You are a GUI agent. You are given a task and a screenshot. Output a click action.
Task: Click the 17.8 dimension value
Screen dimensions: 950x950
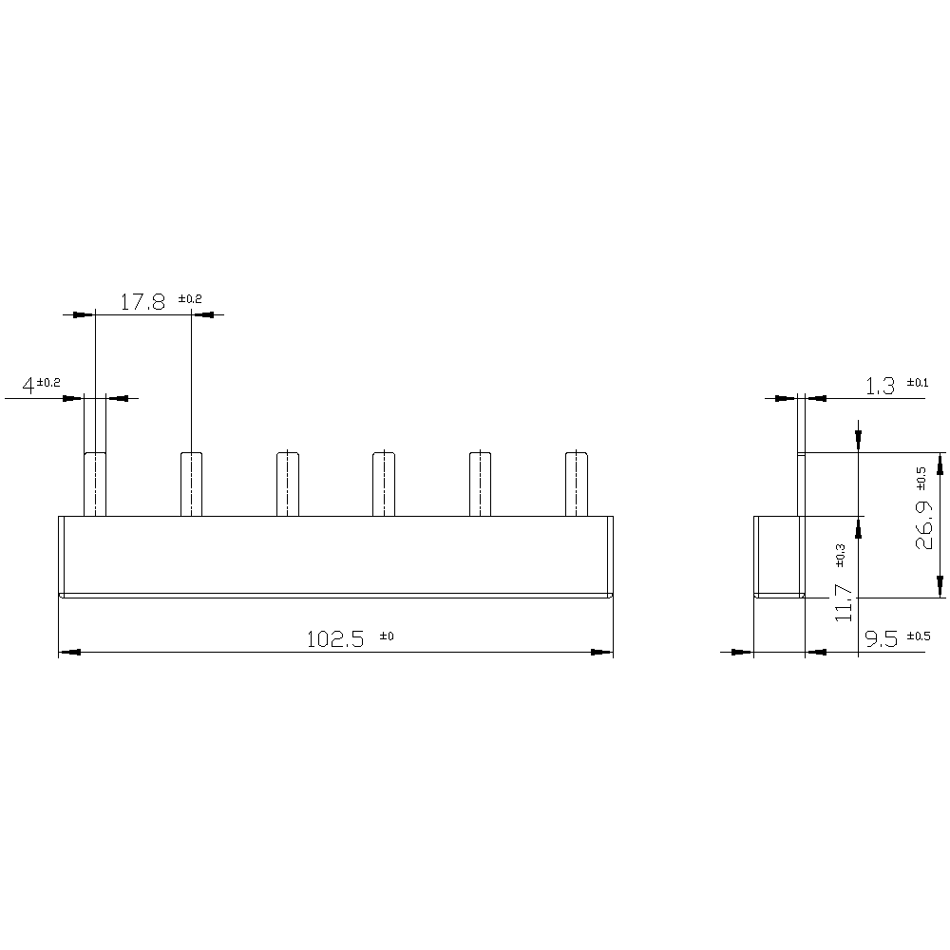[142, 302]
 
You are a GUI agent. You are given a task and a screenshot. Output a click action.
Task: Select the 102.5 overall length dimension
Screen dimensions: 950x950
[335, 639]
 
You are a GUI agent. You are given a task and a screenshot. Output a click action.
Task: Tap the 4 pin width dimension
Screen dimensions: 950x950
[28, 386]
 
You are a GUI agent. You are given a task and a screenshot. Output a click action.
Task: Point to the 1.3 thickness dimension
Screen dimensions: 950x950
[880, 386]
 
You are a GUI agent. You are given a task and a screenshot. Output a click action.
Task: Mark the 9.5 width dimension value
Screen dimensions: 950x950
[883, 639]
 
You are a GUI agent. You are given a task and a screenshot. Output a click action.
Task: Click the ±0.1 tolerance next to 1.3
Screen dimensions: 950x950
[917, 382]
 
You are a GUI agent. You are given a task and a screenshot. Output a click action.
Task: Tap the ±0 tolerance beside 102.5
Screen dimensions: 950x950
[386, 636]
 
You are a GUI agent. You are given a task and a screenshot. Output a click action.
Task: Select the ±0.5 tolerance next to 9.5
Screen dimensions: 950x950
[919, 636]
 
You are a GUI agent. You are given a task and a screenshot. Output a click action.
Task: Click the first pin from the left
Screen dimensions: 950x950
[95, 484]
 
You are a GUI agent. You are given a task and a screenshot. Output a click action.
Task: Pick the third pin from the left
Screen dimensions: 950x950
[288, 484]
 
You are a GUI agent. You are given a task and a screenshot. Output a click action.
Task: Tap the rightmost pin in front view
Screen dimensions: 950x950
[577, 484]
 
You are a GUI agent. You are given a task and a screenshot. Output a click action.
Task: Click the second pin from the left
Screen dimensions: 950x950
[192, 484]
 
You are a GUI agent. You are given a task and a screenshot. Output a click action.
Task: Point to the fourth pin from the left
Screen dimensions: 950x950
[384, 484]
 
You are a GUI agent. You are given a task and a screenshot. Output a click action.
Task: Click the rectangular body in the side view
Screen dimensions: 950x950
[777, 556]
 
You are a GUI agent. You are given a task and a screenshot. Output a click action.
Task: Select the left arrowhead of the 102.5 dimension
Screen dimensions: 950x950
[69, 652]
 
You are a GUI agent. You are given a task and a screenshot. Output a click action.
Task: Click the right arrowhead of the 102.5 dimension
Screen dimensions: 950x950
[602, 652]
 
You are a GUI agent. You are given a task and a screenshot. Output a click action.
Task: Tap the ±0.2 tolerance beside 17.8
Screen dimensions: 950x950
[190, 298]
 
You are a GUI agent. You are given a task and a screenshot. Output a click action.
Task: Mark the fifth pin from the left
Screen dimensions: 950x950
[481, 484]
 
